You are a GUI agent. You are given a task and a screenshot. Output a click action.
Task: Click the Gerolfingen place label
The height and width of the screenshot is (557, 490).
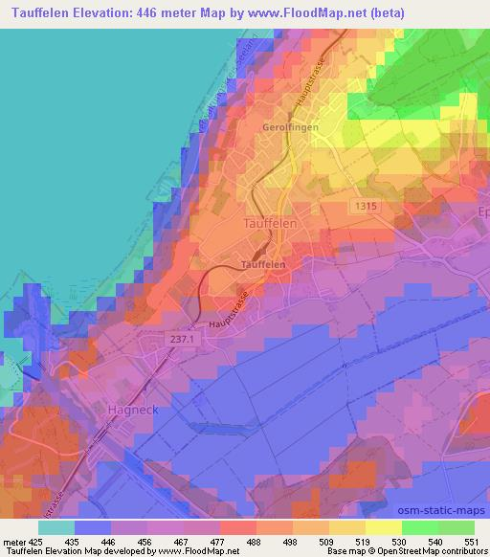[x=290, y=127]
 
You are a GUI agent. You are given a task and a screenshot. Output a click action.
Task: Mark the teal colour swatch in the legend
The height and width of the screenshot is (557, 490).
[x=56, y=527]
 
